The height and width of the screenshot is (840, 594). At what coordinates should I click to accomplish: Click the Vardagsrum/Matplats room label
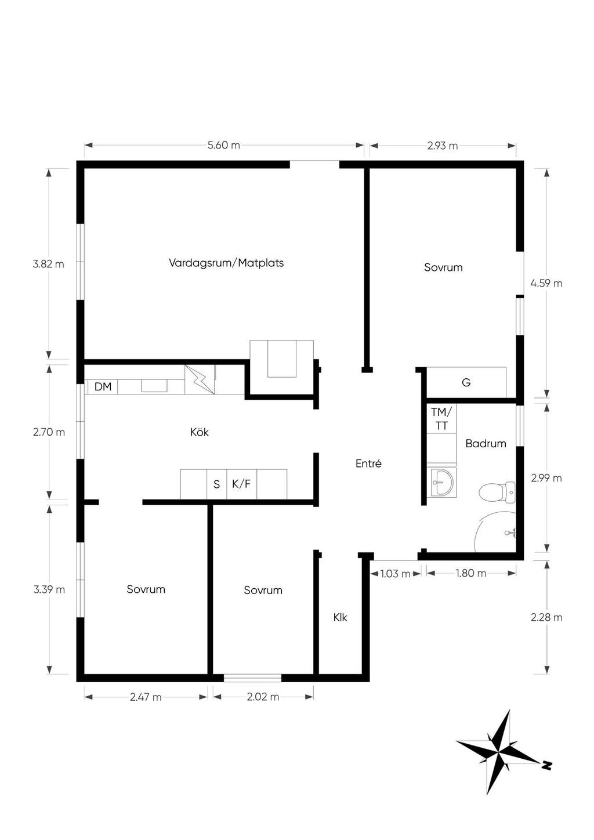tap(226, 263)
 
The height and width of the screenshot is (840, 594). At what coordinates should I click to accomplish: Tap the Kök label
tap(199, 432)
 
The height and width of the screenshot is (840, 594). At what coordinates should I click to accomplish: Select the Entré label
tap(368, 464)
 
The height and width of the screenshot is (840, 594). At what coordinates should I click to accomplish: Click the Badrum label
tap(486, 443)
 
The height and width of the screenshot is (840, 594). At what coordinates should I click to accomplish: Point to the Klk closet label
tap(340, 617)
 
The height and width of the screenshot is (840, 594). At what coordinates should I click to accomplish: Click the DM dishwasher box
tap(103, 386)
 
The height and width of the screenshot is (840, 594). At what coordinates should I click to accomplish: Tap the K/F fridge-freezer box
tap(241, 484)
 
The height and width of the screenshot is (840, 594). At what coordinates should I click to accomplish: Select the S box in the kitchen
tap(216, 484)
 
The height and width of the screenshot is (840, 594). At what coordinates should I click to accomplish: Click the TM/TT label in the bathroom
tap(441, 418)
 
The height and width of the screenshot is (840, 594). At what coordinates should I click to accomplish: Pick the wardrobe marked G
tap(466, 382)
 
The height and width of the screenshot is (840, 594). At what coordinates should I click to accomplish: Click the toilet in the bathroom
tap(498, 493)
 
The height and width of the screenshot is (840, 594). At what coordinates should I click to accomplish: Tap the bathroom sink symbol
tap(443, 482)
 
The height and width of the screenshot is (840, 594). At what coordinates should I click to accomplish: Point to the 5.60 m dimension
tap(224, 145)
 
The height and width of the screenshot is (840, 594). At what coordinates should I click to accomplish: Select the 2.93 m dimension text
tap(443, 146)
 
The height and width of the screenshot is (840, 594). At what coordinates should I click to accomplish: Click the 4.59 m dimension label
tap(546, 283)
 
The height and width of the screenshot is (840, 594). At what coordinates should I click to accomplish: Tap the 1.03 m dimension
tap(395, 573)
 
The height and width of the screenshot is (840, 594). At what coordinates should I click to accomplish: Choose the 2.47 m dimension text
tap(146, 697)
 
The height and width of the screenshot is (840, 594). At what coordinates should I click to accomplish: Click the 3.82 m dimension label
tap(49, 264)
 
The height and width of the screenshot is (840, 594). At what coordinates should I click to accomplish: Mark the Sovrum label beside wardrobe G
tap(443, 267)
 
